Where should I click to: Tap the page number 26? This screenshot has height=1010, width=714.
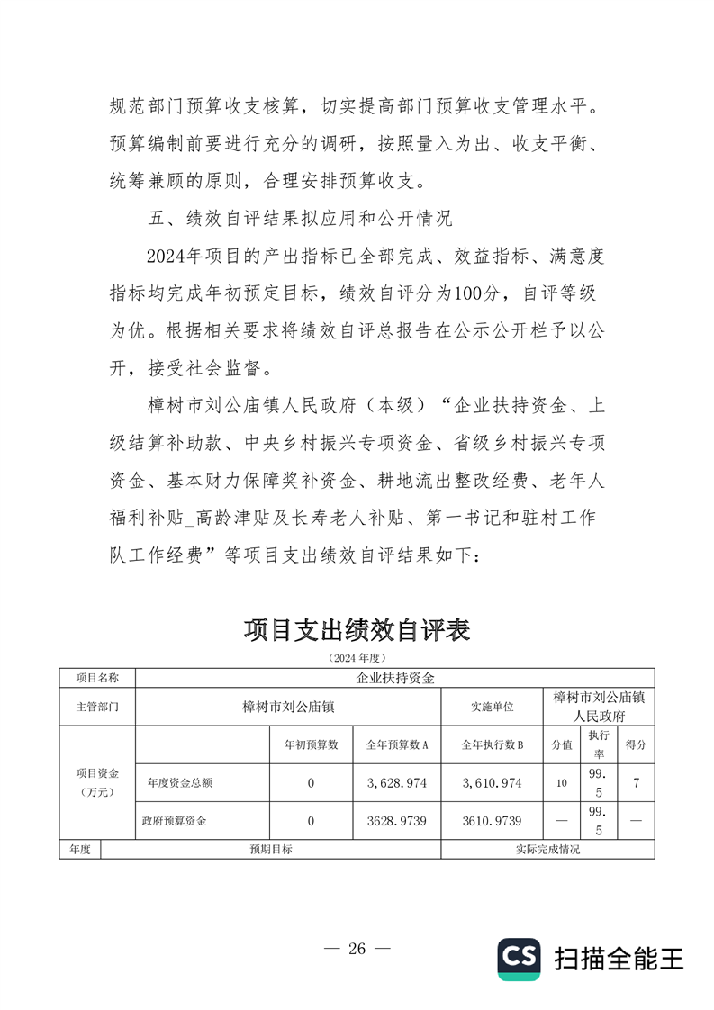click(357, 948)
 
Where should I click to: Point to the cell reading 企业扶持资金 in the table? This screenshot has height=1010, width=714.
click(395, 678)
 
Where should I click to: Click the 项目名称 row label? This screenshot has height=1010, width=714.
click(96, 678)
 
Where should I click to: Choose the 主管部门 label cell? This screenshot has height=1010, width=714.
click(96, 707)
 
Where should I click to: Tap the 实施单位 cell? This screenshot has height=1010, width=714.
click(492, 707)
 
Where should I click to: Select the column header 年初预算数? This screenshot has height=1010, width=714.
click(311, 744)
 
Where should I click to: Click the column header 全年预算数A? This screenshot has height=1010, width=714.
click(396, 744)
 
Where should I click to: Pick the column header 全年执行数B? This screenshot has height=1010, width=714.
click(492, 744)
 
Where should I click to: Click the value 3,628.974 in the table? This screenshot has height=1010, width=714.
click(396, 783)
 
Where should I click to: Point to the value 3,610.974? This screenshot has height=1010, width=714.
click(492, 783)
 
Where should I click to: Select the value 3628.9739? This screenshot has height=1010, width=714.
click(396, 821)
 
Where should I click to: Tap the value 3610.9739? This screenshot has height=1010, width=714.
click(492, 821)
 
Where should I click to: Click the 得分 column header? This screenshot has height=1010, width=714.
click(636, 744)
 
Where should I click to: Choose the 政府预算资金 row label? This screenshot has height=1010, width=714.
click(174, 821)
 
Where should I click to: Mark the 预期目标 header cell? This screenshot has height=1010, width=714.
click(270, 849)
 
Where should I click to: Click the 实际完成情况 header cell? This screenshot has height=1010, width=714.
click(547, 849)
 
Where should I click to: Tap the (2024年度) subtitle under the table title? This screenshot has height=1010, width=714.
click(357, 659)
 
